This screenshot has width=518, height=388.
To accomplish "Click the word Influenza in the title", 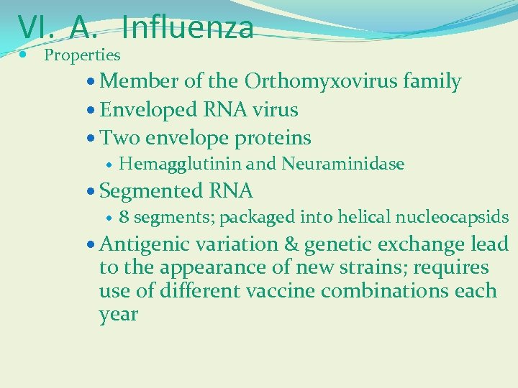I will click(x=188, y=27).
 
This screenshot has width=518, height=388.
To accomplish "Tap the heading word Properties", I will click(x=82, y=55).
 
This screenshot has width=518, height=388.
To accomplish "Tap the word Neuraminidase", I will click(x=343, y=165).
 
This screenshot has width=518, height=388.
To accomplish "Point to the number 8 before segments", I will click(x=124, y=218).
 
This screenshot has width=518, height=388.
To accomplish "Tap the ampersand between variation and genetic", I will click(x=292, y=244).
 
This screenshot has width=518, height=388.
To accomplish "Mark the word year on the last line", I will click(x=118, y=315).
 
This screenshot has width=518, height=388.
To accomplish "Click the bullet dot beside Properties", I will click(x=24, y=55).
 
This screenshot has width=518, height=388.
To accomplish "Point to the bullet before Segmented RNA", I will click(x=90, y=192).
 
